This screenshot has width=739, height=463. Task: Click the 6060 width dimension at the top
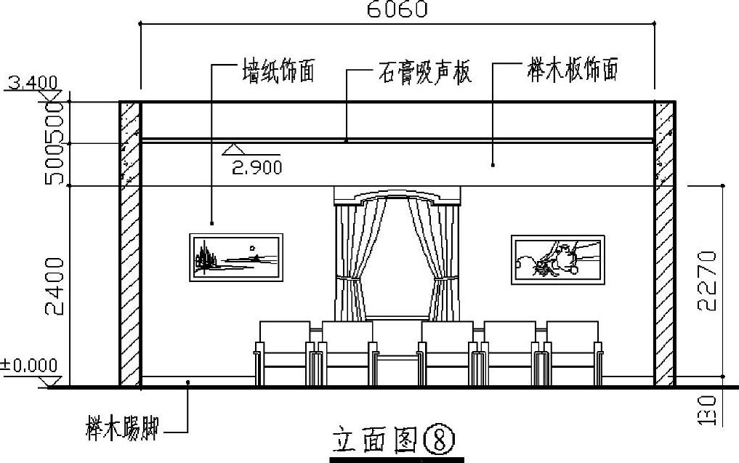(x=397, y=9)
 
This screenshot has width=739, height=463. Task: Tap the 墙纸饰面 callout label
(x=278, y=73)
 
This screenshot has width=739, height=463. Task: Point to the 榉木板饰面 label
(x=573, y=72)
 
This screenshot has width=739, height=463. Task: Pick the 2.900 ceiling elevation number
(x=257, y=168)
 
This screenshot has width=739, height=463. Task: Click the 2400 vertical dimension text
(x=57, y=284)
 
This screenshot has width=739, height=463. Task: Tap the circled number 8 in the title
(x=440, y=439)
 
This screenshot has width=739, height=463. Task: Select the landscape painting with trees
(x=236, y=257)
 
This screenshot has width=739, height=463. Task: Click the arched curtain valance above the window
(x=397, y=196)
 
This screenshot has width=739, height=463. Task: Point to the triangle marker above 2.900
(x=233, y=150)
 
